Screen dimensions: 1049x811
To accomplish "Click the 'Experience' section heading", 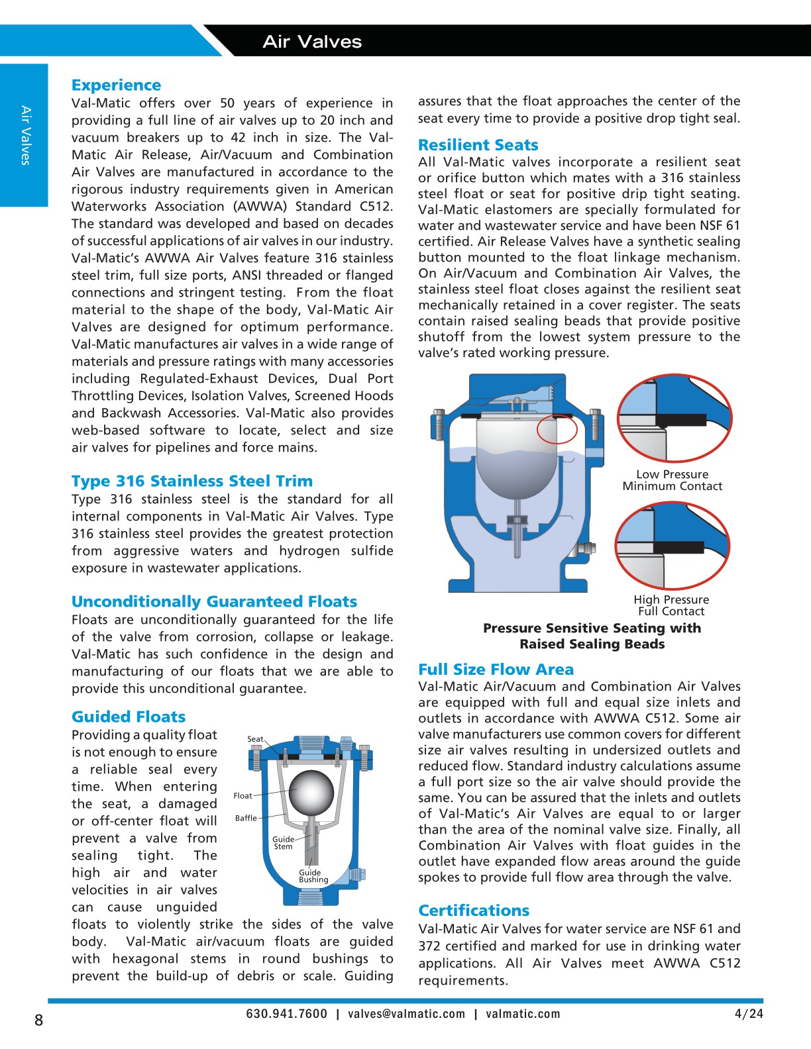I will [x=116, y=85].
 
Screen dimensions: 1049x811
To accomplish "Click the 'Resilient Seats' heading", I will [x=478, y=145].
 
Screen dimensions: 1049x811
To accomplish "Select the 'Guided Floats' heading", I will [x=129, y=717].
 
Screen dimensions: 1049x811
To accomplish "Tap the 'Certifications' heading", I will [x=474, y=910].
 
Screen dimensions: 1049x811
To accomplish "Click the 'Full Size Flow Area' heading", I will [x=496, y=670].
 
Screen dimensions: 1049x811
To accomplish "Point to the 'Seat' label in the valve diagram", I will [x=255, y=739].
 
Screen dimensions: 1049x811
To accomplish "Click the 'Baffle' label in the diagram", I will [x=246, y=818].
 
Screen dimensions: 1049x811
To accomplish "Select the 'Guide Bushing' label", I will [x=313, y=876].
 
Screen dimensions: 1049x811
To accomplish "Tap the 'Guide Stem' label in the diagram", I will [x=283, y=842].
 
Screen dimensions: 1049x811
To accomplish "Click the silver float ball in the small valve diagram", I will [x=311, y=792].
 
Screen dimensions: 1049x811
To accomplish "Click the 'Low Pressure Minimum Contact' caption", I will [x=672, y=480].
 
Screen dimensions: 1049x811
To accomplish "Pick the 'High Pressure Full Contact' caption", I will [x=671, y=605].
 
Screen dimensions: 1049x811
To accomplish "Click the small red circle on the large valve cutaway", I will [x=557, y=429].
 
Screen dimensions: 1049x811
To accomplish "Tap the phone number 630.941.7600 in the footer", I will [x=286, y=1014].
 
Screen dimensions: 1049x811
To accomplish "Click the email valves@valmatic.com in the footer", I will [x=406, y=1014].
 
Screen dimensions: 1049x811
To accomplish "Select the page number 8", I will [x=38, y=1020].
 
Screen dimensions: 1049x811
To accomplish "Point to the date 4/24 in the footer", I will [x=749, y=1014].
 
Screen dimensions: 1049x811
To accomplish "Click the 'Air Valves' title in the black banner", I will [x=312, y=42].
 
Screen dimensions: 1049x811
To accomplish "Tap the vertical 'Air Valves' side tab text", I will [x=25, y=135].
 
